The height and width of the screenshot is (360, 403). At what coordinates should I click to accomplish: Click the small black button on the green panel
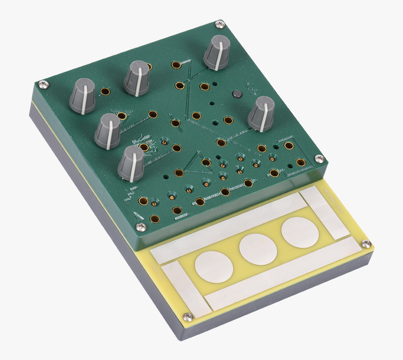tap(237, 95)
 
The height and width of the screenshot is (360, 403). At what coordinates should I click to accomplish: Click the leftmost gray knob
tap(83, 96)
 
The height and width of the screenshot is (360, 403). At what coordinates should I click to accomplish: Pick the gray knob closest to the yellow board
tap(131, 163)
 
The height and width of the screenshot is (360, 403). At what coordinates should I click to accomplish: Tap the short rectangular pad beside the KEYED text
tap(324, 212)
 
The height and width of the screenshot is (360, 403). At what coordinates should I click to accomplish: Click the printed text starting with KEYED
tap(335, 201)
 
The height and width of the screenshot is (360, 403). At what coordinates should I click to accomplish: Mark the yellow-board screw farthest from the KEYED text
tap(188, 317)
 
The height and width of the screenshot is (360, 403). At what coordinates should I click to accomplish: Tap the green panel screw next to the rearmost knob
tap(219, 24)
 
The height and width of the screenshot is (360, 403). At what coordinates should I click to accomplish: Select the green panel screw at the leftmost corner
tap(43, 84)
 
